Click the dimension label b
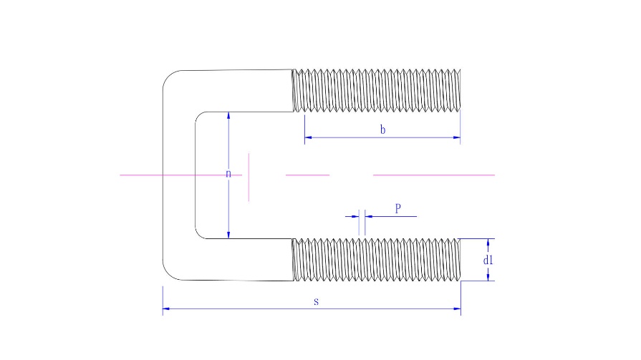382,130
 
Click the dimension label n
228,174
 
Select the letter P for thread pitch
398,208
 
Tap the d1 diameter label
488,260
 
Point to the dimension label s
316,301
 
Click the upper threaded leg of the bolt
377,90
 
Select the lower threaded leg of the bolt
377,260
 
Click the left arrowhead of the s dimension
166,309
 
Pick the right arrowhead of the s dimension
458,309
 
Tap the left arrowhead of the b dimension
308,137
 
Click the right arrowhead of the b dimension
457,137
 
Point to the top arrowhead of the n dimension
228,116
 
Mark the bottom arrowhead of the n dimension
228,235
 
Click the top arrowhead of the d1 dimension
488,243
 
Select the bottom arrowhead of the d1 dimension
488,277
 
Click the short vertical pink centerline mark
249,177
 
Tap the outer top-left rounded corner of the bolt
168,77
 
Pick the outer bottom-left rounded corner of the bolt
168,274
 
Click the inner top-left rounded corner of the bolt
198,115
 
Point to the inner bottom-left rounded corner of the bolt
198,235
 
